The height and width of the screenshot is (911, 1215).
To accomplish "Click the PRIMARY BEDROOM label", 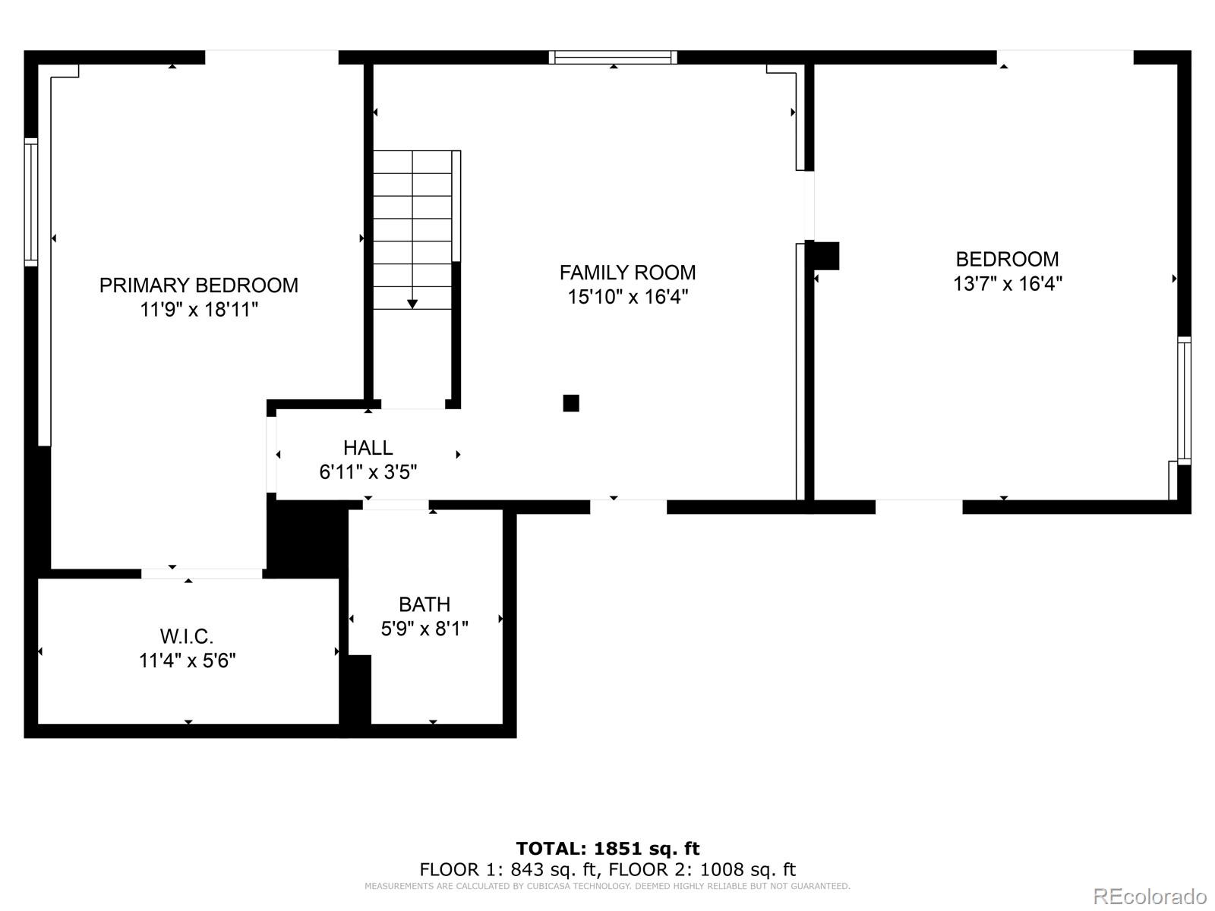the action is pos(199,285).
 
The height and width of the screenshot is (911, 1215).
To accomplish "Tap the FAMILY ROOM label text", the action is pos(627,273).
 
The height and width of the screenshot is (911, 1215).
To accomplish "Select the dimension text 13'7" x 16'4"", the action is pos(1008,284).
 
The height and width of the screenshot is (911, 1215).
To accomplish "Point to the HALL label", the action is pos(368,447).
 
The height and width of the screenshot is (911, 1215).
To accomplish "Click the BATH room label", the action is pos(424,604).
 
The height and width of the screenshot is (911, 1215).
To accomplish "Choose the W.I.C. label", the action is pos(187,637).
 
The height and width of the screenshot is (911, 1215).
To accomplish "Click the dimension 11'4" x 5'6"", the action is pos(187,661).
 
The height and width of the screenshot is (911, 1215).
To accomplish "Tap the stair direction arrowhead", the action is pos(412,304).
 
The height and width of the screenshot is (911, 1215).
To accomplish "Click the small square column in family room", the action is pos(571,403).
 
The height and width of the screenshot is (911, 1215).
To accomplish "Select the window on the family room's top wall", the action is pos(613,58).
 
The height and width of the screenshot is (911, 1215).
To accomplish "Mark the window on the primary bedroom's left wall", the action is pos(31,202).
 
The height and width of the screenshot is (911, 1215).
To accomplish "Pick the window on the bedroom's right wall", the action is pos(1184,401).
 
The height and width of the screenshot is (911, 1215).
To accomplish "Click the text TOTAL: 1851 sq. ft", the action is pos(607,848).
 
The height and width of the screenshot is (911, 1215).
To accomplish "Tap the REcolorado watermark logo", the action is pos(1150,896).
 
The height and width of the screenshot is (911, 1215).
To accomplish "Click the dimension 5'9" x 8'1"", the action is pos(424,629).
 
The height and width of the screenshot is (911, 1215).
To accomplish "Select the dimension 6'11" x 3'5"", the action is pos(368,472).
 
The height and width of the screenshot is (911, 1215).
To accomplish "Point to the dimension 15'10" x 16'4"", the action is pos(628,297).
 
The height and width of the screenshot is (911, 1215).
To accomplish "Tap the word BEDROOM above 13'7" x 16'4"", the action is pos(1008,260).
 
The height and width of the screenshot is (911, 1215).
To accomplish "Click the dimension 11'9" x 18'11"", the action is pos(199,310).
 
